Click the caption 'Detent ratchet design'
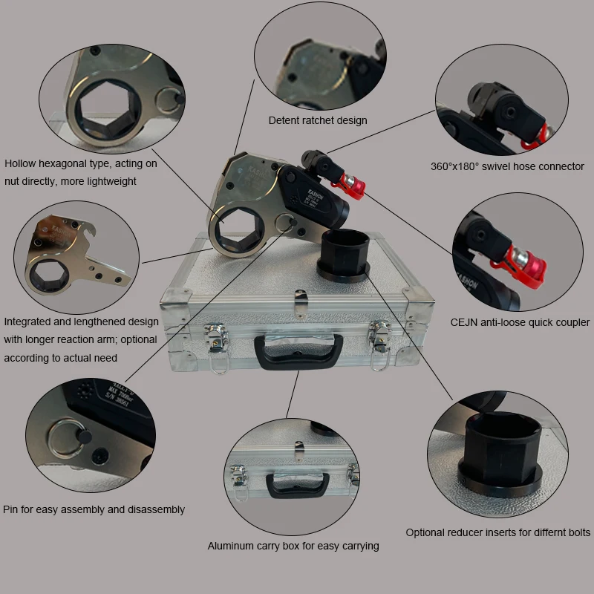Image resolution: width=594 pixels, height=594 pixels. tap(318, 120)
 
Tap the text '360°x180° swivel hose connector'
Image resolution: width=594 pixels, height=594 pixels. tap(507, 166)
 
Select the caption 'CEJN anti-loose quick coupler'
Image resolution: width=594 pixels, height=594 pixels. tap(520, 322)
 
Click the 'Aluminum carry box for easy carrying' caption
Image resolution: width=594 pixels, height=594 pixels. tap(293, 546)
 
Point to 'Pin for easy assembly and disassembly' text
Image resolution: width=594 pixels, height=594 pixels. tap(94, 509)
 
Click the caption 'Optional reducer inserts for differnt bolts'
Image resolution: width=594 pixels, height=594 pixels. tap(498, 532)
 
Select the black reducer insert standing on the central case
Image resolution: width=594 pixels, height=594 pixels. tap(345, 252)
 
